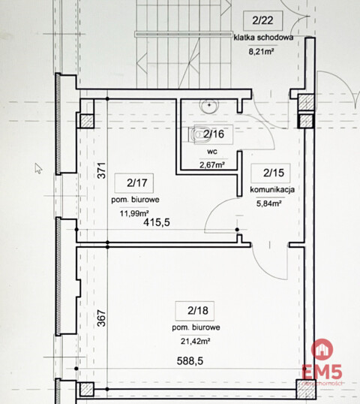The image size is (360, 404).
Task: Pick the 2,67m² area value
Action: click(x=212, y=166)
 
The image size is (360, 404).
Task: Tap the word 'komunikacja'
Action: click(x=272, y=190)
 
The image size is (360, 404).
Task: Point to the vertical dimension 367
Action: click(x=103, y=318)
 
